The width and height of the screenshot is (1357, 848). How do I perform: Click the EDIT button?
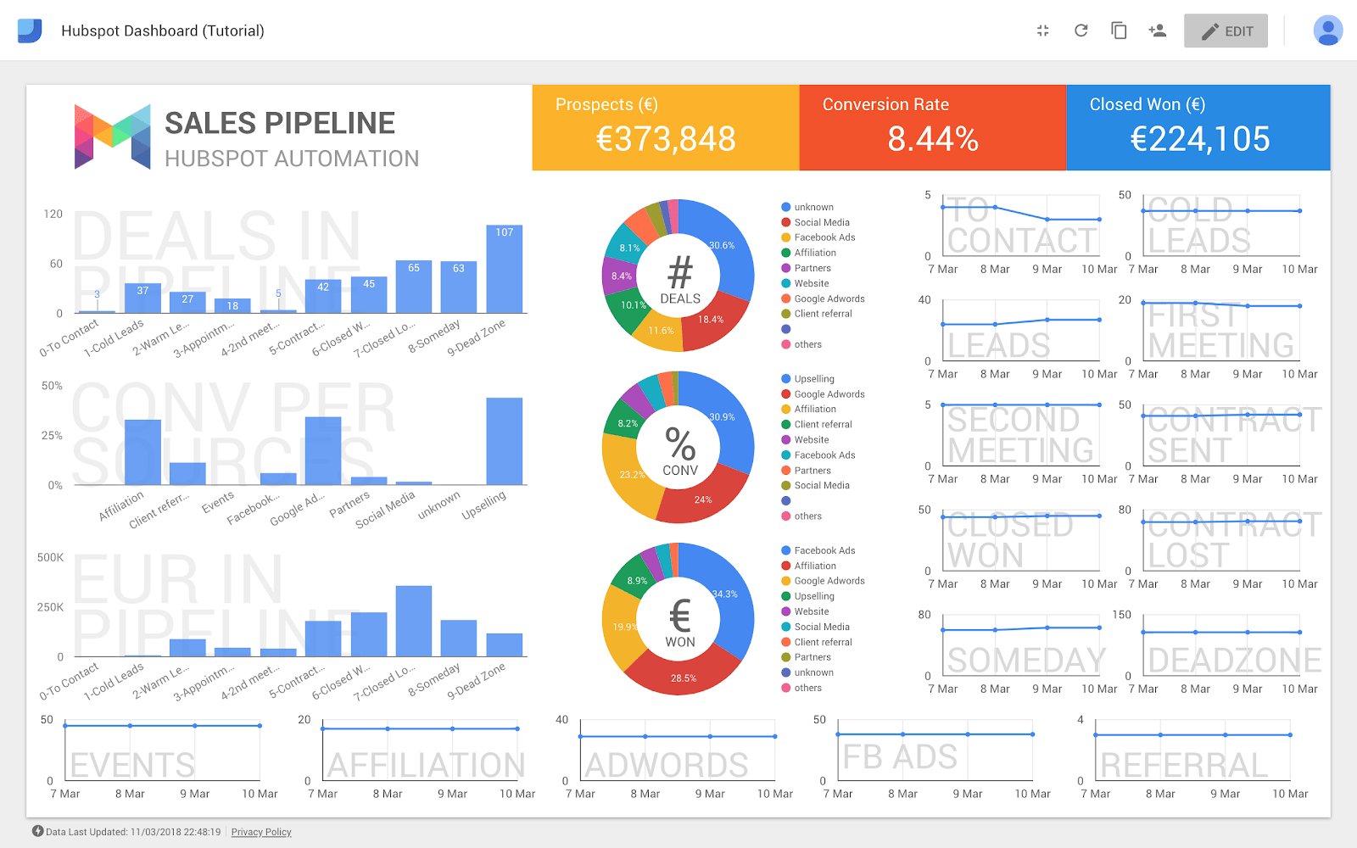click(1226, 31)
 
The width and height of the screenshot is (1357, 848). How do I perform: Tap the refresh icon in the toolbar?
click(1081, 31)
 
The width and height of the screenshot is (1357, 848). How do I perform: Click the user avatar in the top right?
click(1327, 31)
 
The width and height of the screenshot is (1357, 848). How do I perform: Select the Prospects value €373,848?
click(666, 139)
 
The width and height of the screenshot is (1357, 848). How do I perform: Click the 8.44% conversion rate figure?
click(933, 139)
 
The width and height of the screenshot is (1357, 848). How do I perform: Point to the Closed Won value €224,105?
click(1199, 139)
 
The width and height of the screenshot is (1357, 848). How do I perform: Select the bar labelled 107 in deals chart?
click(504, 271)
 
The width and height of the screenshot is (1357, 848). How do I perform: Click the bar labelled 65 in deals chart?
click(414, 288)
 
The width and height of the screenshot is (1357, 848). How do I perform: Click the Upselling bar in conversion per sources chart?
click(504, 441)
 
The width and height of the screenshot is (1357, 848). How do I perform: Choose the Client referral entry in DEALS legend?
click(823, 314)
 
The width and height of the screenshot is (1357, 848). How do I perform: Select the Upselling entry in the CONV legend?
click(813, 379)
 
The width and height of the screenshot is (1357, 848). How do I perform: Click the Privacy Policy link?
click(261, 832)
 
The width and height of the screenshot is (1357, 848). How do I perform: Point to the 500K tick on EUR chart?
click(50, 557)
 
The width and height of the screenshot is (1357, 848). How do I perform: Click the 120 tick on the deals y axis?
click(53, 214)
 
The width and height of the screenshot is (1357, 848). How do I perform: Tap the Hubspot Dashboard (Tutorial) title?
click(163, 31)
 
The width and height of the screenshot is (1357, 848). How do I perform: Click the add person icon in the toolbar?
click(1157, 31)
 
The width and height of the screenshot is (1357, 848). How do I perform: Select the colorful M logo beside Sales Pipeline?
click(113, 136)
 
